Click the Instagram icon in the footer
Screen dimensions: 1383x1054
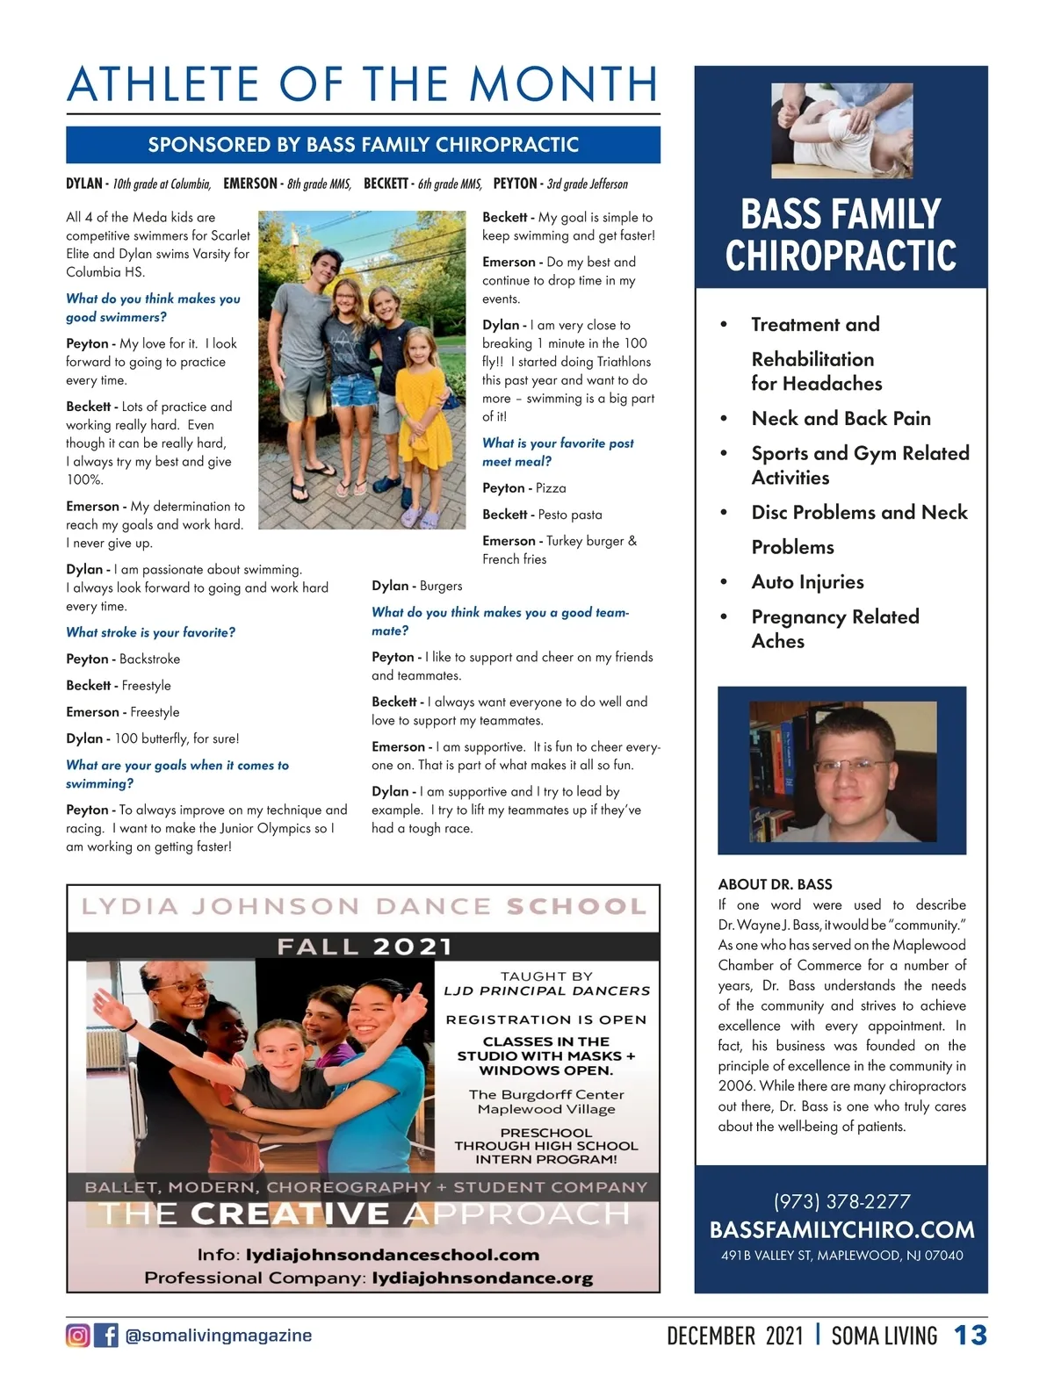78,1336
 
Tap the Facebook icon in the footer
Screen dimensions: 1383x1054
106,1336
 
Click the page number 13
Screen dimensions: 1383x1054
971,1336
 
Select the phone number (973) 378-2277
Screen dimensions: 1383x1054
841,1201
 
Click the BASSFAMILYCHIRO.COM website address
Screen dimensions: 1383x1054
841,1229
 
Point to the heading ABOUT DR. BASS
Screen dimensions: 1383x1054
775,884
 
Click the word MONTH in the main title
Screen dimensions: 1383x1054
563,85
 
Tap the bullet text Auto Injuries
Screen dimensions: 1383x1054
807,582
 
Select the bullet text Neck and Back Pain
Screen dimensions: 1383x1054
841,419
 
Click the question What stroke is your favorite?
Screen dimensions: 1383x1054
150,632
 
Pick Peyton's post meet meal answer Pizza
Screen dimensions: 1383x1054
551,488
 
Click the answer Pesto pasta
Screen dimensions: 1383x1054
569,515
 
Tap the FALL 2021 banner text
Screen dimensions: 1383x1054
364,947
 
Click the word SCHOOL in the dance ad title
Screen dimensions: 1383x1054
576,906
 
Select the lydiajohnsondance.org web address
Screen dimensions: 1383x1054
482,1279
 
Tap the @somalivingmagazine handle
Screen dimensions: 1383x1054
219,1336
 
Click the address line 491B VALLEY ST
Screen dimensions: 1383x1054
841,1256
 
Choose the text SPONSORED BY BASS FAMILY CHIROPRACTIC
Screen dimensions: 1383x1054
363,145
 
